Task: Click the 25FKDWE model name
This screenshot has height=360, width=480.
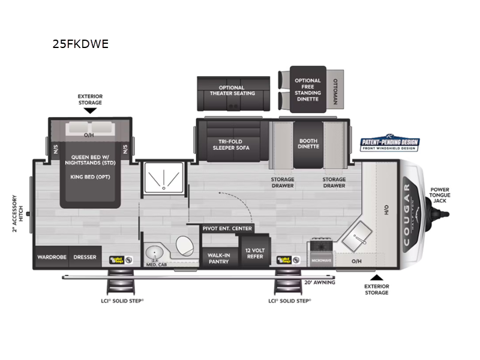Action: (81, 44)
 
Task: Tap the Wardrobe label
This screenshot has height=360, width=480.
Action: (52, 257)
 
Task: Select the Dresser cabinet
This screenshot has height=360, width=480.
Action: (85, 257)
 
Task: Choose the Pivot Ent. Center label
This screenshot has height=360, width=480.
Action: (227, 229)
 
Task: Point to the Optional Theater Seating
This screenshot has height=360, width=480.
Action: (232, 91)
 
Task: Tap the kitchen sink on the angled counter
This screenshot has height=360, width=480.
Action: (361, 235)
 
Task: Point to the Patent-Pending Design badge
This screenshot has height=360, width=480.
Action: (389, 143)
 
